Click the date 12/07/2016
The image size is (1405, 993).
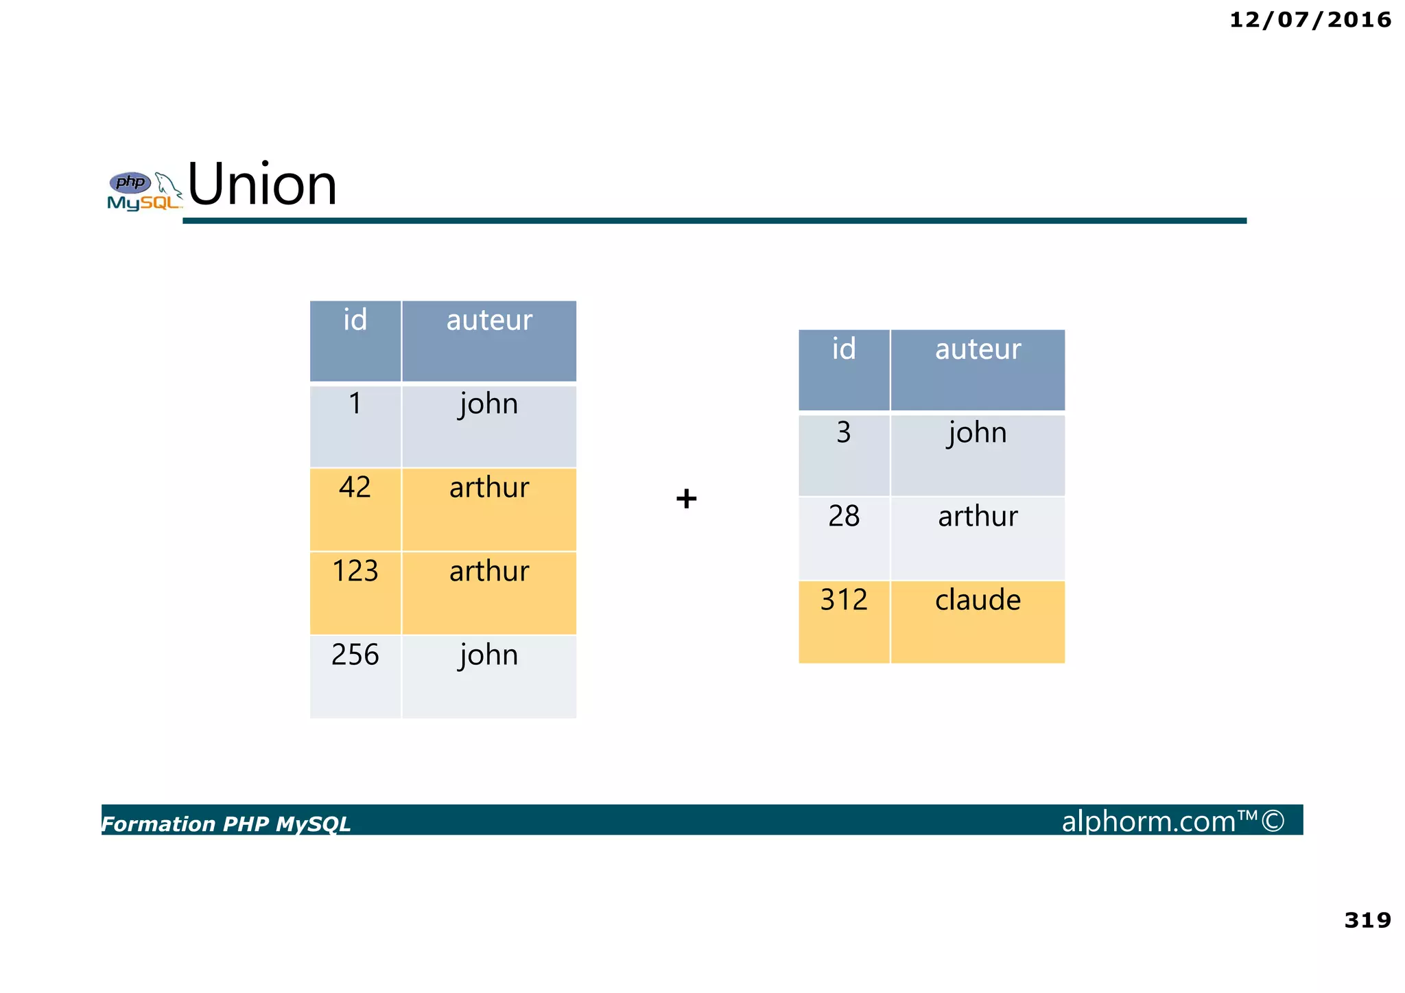pos(1310,20)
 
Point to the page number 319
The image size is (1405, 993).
pos(1367,920)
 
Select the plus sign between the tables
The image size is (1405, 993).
pos(686,498)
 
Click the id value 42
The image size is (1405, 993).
pos(355,487)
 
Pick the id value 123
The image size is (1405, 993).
pos(355,571)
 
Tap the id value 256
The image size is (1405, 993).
pos(355,655)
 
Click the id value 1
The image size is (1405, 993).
pos(355,404)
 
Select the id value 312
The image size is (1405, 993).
pos(844,600)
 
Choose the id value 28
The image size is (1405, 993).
pos(844,516)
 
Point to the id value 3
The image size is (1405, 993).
pos(844,432)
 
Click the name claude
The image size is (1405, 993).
pos(978,600)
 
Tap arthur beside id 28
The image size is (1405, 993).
pos(978,516)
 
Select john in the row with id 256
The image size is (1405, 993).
pos(488,655)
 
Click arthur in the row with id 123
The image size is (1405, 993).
pos(489,571)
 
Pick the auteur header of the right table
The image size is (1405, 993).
pos(978,349)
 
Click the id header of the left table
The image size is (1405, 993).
pos(355,320)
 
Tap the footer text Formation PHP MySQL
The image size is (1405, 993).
pos(226,823)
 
